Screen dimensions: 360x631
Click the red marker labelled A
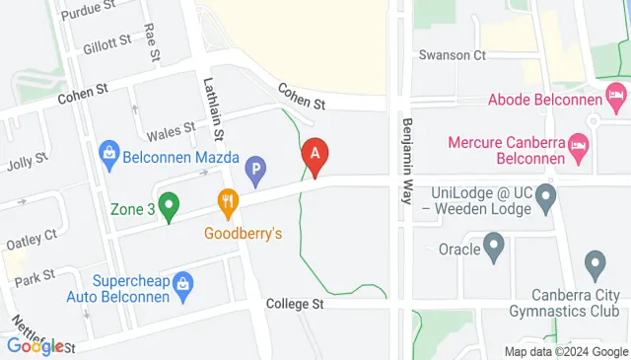click(x=315, y=156)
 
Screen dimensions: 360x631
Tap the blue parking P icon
click(x=255, y=172)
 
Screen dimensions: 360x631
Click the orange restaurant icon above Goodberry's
click(x=229, y=204)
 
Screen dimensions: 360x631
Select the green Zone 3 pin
click(x=169, y=207)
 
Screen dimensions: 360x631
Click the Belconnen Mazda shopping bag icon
click(x=108, y=152)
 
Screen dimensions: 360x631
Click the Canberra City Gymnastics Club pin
click(x=595, y=264)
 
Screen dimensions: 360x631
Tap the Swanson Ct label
click(x=453, y=56)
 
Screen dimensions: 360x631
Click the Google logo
click(x=35, y=346)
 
